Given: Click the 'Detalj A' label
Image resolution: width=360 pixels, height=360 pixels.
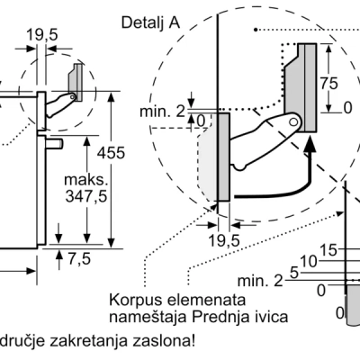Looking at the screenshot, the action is [x=150, y=23].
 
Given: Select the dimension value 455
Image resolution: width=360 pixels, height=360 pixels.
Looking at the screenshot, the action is [x=111, y=153].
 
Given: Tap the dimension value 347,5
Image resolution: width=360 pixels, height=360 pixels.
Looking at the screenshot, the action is [x=86, y=196].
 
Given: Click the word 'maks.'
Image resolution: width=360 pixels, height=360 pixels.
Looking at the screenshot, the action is [x=85, y=180].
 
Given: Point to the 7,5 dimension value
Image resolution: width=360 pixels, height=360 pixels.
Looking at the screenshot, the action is [x=79, y=258].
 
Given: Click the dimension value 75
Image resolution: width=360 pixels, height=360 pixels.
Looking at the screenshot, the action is [x=328, y=83].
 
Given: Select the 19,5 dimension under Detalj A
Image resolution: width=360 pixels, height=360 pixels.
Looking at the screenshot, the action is [x=224, y=240].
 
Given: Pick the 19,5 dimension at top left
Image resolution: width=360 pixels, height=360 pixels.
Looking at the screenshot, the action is [x=42, y=35].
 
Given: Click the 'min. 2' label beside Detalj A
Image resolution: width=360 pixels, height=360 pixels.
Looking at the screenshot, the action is [x=163, y=112].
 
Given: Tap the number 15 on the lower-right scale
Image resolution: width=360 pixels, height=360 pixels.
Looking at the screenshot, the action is [x=328, y=250].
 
